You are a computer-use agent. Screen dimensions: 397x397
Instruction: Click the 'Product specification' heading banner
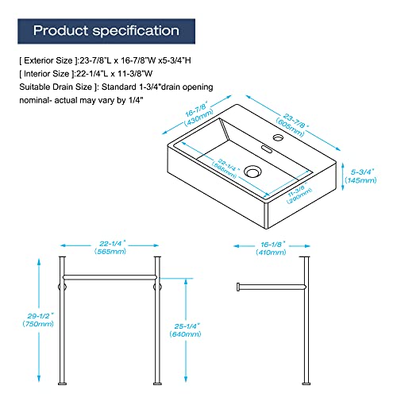click(x=106, y=31)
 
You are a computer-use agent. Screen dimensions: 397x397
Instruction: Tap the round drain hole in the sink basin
click(x=253, y=170)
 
